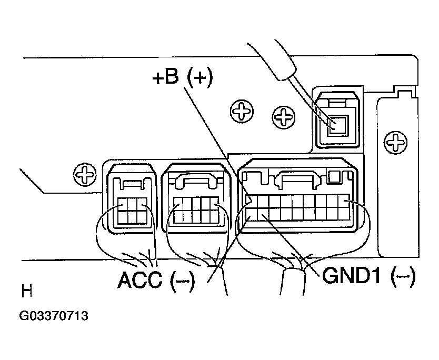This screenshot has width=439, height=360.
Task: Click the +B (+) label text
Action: pyautogui.click(x=183, y=77)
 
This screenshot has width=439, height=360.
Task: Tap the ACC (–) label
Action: pyautogui.click(x=156, y=279)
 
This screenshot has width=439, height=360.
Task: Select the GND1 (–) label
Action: pyautogui.click(x=369, y=275)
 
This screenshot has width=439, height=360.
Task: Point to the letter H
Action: pyautogui.click(x=27, y=291)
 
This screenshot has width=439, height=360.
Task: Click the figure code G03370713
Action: pyautogui.click(x=54, y=316)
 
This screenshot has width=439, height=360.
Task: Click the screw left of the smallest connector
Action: pyautogui.click(x=85, y=174)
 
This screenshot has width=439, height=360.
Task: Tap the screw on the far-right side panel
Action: pyautogui.click(x=396, y=143)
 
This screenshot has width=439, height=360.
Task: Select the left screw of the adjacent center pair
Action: pyautogui.click(x=242, y=111)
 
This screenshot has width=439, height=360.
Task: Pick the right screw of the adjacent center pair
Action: pyautogui.click(x=284, y=117)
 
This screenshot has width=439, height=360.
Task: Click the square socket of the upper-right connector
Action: pyautogui.click(x=338, y=126)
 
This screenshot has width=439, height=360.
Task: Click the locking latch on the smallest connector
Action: pyautogui.click(x=132, y=184)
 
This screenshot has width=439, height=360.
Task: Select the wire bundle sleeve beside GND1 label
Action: pyautogui.click(x=292, y=282)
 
